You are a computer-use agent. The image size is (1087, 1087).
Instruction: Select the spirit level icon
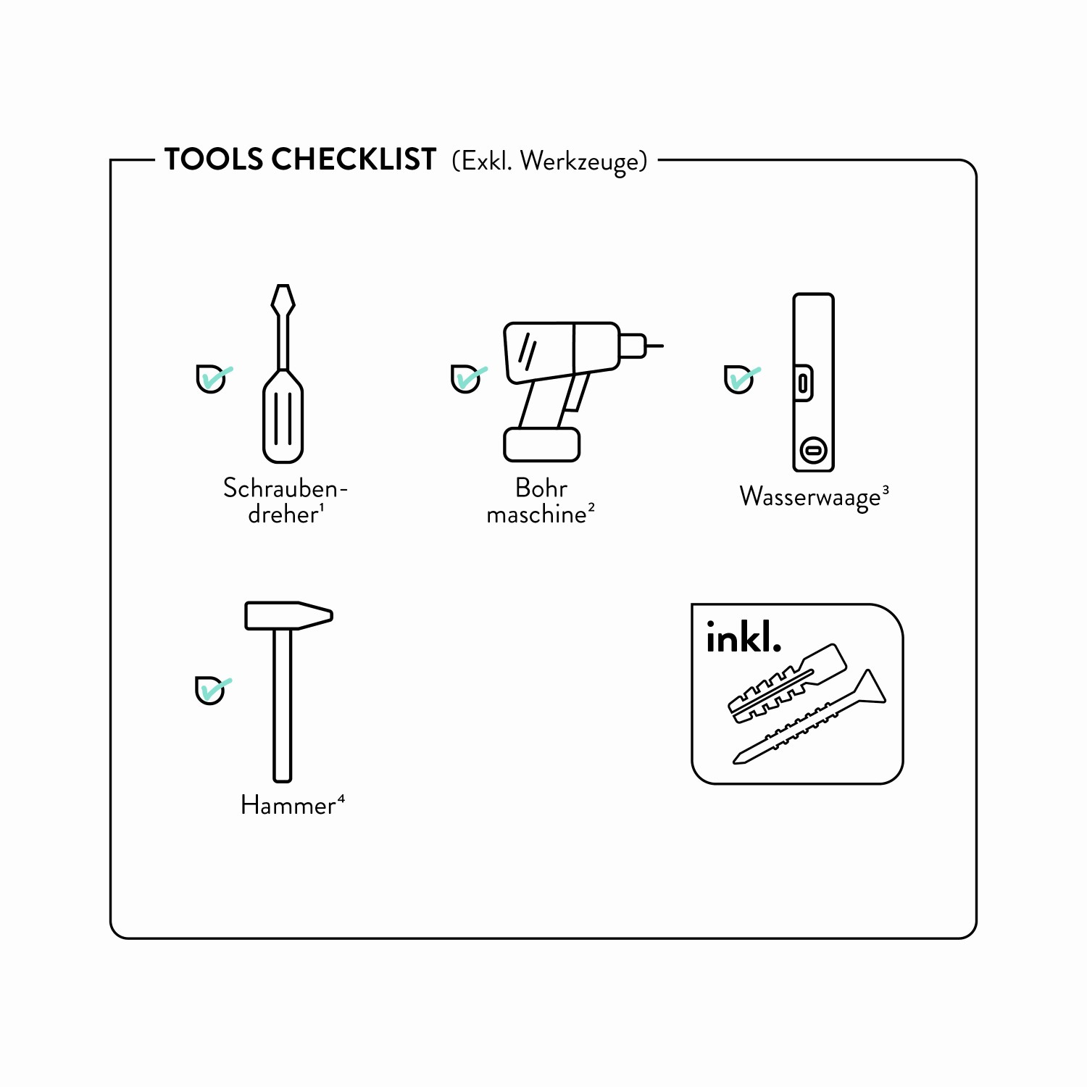(813, 383)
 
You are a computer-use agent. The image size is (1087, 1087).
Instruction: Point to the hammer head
(288, 615)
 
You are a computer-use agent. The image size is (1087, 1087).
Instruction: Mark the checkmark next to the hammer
(213, 689)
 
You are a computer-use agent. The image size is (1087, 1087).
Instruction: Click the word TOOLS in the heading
(214, 159)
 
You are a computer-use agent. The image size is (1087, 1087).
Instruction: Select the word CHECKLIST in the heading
(354, 159)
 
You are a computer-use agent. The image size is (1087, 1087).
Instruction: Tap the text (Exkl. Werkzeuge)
(549, 162)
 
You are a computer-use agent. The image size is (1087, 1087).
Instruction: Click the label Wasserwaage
(809, 497)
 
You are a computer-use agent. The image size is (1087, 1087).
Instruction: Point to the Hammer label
(288, 805)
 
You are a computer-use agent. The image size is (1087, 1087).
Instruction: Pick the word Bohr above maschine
(541, 488)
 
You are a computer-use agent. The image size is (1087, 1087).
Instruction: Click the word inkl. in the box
(744, 638)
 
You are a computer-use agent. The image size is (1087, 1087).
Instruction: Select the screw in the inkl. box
(809, 717)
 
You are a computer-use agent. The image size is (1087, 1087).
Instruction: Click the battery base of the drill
(542, 445)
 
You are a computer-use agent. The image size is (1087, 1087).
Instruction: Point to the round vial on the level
(813, 451)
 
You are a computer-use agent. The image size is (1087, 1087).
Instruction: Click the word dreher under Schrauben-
(283, 515)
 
